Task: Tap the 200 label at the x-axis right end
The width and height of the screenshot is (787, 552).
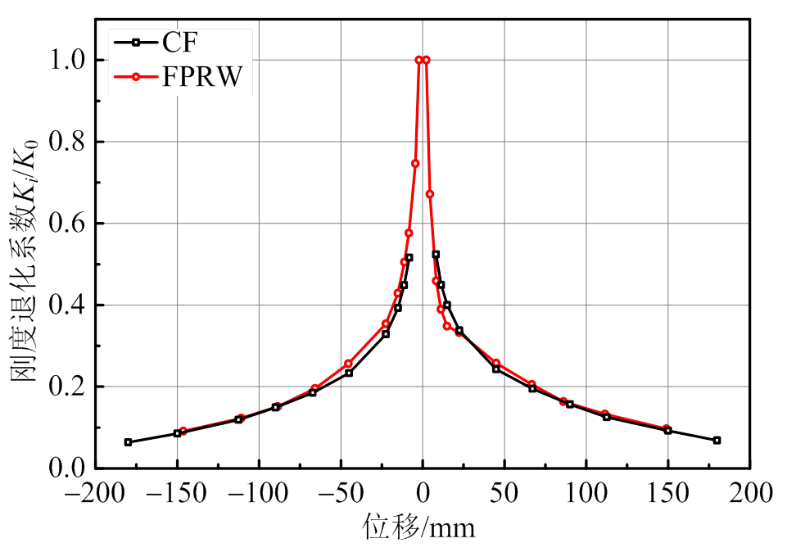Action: point(749,494)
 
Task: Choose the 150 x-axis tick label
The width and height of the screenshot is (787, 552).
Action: point(667,494)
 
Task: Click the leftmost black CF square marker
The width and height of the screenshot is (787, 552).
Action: point(128,442)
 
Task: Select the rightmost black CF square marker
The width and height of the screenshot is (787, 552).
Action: point(717,441)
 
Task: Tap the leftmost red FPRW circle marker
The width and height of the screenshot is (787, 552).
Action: point(183,431)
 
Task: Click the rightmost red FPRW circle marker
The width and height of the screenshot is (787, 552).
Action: point(667,428)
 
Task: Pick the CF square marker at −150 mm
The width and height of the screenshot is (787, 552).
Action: point(177,433)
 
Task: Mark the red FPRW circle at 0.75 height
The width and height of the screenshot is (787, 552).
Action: point(415,164)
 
